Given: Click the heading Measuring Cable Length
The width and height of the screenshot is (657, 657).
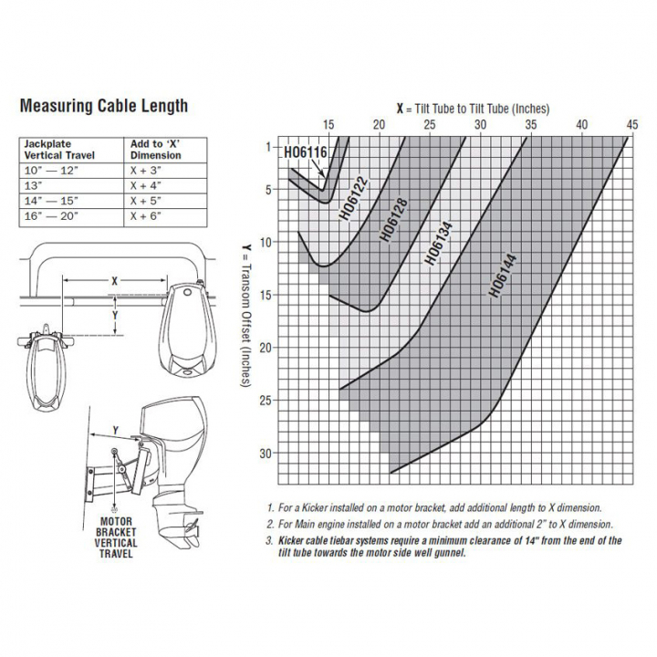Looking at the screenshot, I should point(103,106).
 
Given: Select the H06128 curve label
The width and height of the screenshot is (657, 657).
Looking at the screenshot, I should point(392,220).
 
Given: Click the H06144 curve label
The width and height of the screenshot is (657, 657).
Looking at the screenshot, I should point(503,275).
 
